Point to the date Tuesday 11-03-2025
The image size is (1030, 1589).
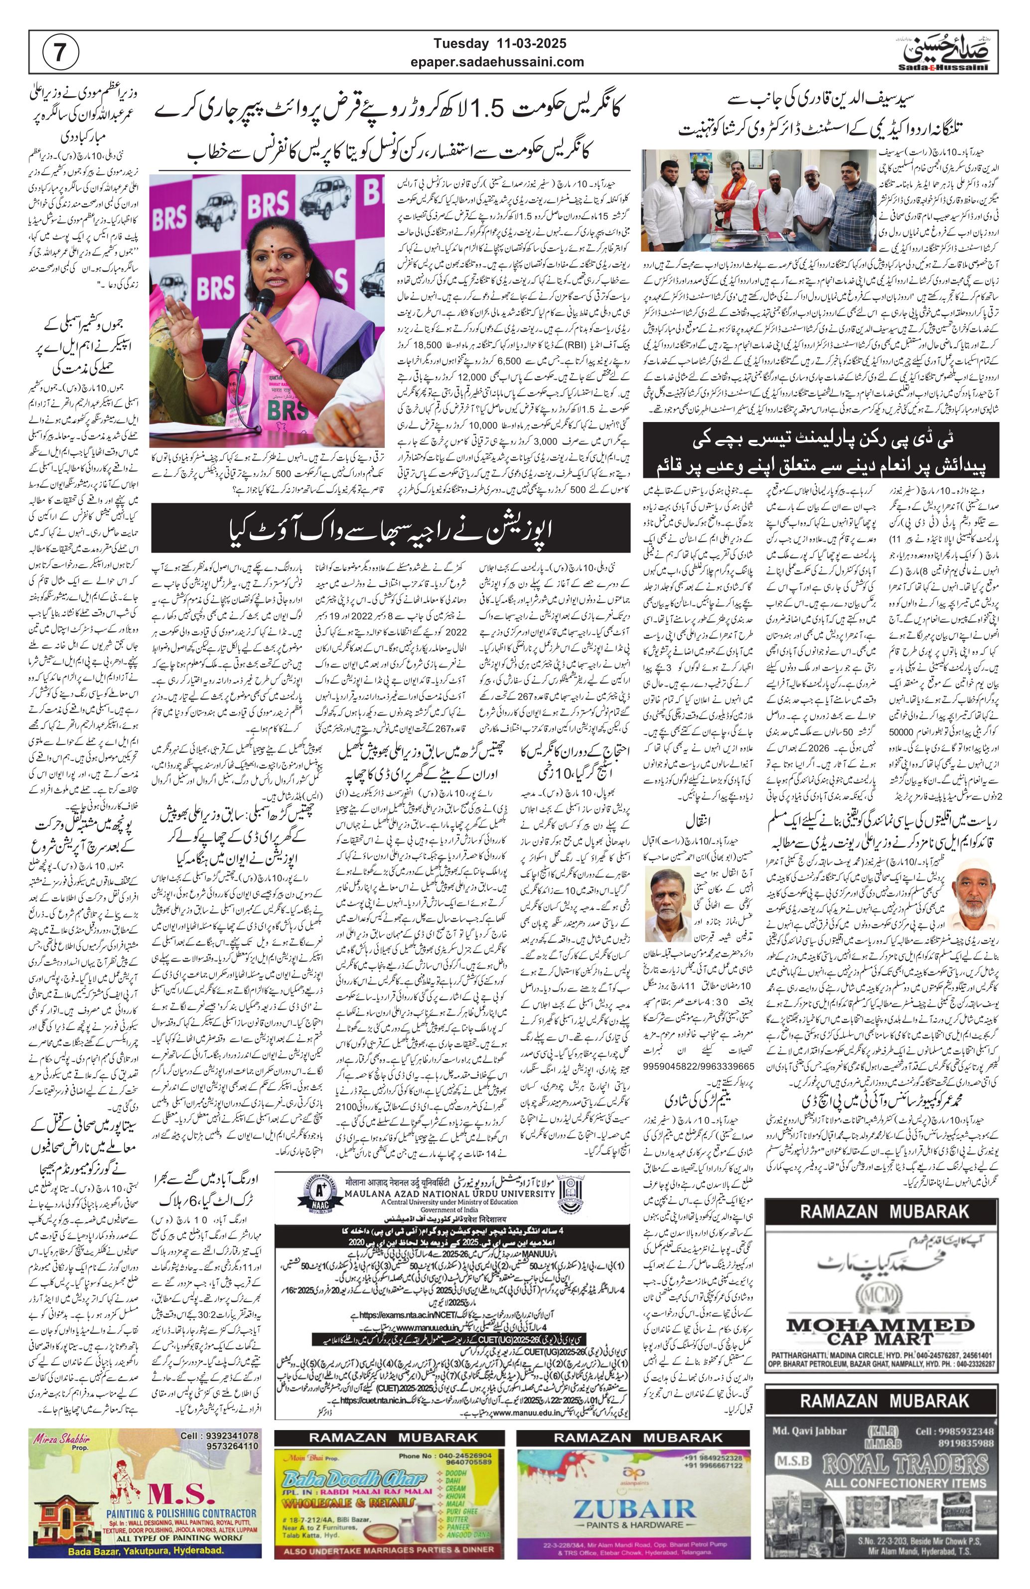pos(499,44)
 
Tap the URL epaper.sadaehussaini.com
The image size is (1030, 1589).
pos(499,62)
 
